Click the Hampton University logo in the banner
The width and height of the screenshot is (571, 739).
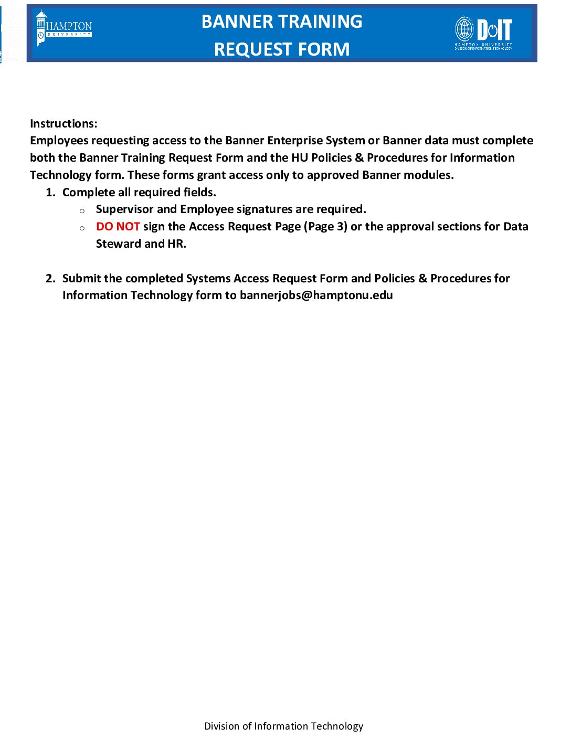pos(64,28)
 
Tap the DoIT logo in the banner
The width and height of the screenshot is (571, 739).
pos(483,33)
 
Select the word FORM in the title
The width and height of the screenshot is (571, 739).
pos(326,49)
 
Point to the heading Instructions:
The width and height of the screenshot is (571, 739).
pos(64,124)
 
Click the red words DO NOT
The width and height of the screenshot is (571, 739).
pos(118,227)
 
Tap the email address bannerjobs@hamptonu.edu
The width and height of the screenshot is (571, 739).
pos(316,295)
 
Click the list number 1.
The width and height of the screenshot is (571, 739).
pos(50,193)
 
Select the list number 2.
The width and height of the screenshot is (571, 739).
pos(50,279)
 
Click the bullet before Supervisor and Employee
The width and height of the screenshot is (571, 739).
pos(82,211)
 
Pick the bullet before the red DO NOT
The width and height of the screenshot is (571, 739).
pos(82,228)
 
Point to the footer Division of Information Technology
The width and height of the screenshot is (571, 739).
pos(283,726)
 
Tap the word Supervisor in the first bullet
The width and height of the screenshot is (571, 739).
pos(124,209)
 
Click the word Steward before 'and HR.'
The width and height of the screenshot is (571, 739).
pos(118,244)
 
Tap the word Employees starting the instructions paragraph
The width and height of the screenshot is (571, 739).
pos(59,141)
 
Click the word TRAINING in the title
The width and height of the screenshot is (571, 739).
pos(328,22)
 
